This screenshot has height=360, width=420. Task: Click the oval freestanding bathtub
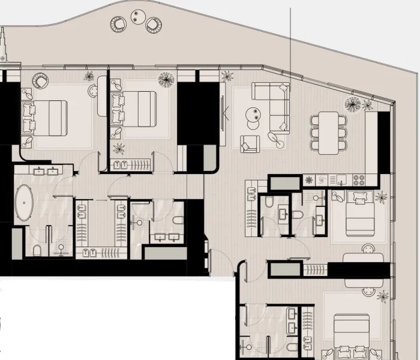pyautogui.click(x=25, y=203)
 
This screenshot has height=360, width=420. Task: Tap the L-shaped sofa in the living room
pyautogui.click(x=272, y=105)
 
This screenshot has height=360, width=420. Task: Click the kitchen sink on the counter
pyautogui.click(x=340, y=179)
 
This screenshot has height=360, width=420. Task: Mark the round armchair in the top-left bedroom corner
pyautogui.click(x=40, y=80)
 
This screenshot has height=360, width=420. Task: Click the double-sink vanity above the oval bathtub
pyautogui.click(x=44, y=170)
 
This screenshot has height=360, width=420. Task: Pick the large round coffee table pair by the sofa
pyautogui.click(x=254, y=115)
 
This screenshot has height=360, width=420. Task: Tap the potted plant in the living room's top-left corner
pyautogui.click(x=227, y=76)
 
